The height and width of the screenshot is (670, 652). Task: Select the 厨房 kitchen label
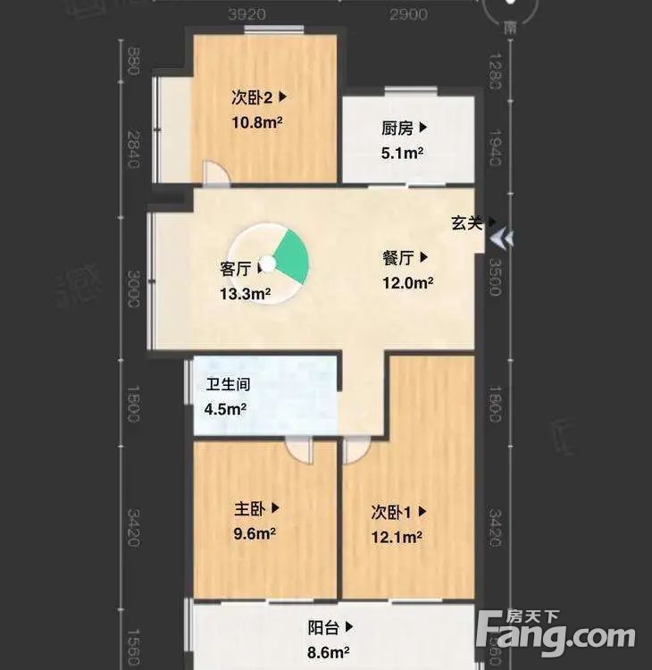coord(397,129)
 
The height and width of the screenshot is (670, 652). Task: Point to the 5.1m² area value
coord(401,153)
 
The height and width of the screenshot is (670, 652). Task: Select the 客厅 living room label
coord(236,267)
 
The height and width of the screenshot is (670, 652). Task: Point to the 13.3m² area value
coord(245,292)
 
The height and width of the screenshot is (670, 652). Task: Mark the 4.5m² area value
coord(226,409)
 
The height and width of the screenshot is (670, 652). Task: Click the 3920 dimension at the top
coord(247,14)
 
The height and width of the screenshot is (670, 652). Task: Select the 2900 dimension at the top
coord(408,14)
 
